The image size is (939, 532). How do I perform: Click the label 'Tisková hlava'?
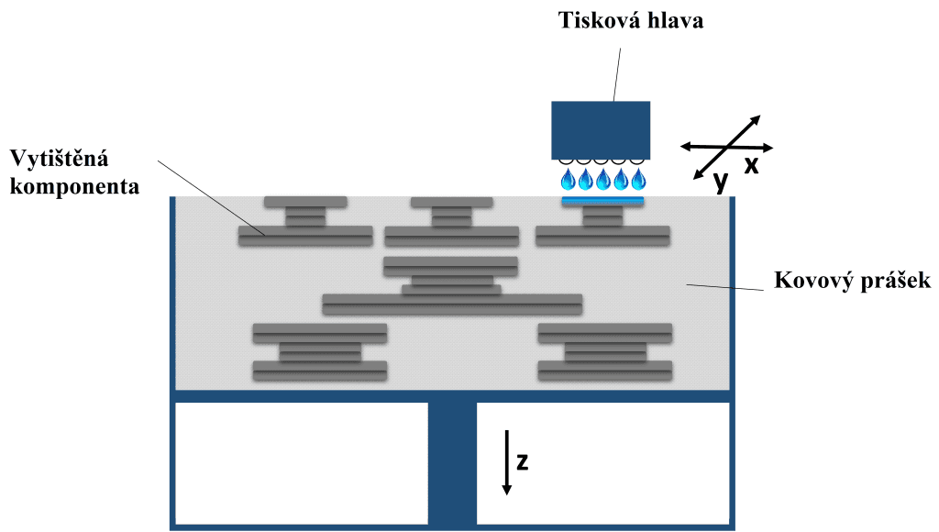point(632,20)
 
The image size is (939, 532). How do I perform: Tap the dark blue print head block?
point(601,129)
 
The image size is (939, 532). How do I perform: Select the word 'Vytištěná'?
point(60,159)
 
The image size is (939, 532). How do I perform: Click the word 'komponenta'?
point(74,187)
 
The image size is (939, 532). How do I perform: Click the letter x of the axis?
point(751,166)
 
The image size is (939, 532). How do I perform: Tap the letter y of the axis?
point(722,181)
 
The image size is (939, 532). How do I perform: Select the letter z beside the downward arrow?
point(522,460)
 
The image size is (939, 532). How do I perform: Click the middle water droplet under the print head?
point(602,180)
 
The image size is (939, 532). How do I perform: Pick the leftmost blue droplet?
point(568,180)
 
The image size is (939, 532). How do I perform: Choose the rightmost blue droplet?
point(638,180)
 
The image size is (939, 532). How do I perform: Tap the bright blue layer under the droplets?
point(602,200)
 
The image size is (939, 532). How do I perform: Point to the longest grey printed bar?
point(452,304)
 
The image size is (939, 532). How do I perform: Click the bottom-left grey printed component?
point(320,352)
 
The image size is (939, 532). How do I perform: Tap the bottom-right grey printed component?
point(605,352)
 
